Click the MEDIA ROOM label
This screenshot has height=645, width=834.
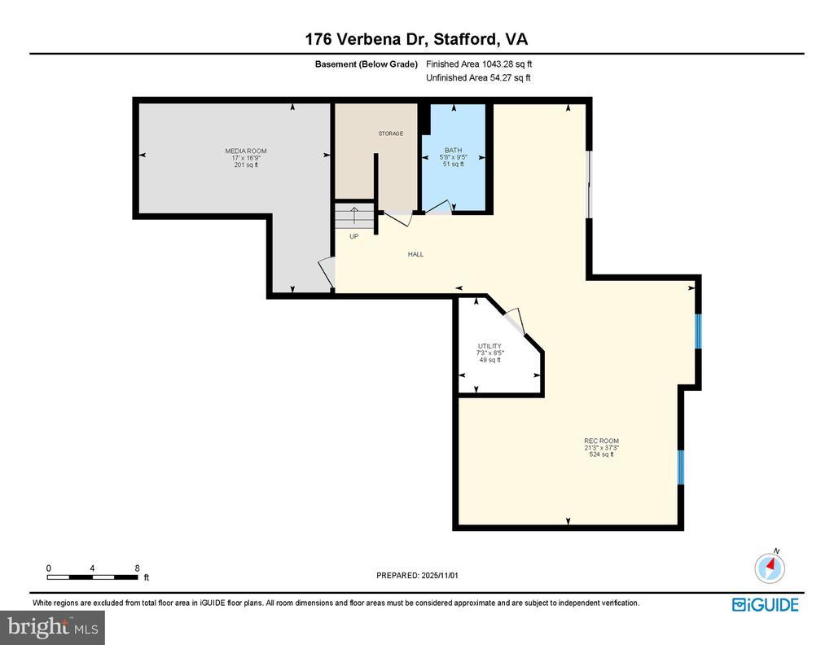246,151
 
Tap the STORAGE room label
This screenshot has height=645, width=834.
391,134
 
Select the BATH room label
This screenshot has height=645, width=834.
453,151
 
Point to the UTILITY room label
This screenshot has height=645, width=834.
489,346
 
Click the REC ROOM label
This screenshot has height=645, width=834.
602,441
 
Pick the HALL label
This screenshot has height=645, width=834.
416,254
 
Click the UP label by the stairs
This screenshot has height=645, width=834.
354,237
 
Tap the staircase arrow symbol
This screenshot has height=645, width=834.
354,215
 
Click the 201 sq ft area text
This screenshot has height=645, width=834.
246,165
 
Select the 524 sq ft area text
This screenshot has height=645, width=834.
602,454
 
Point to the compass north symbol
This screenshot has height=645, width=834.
770,567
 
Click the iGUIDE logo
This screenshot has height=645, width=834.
766,604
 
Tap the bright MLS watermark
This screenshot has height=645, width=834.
53,627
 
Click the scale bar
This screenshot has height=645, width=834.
93,577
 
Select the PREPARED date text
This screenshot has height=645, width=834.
417,575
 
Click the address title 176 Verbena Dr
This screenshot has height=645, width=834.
367,39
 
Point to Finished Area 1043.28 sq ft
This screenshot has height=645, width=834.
479,64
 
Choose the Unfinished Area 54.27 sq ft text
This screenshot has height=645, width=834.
478,77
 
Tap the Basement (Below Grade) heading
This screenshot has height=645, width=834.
367,64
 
